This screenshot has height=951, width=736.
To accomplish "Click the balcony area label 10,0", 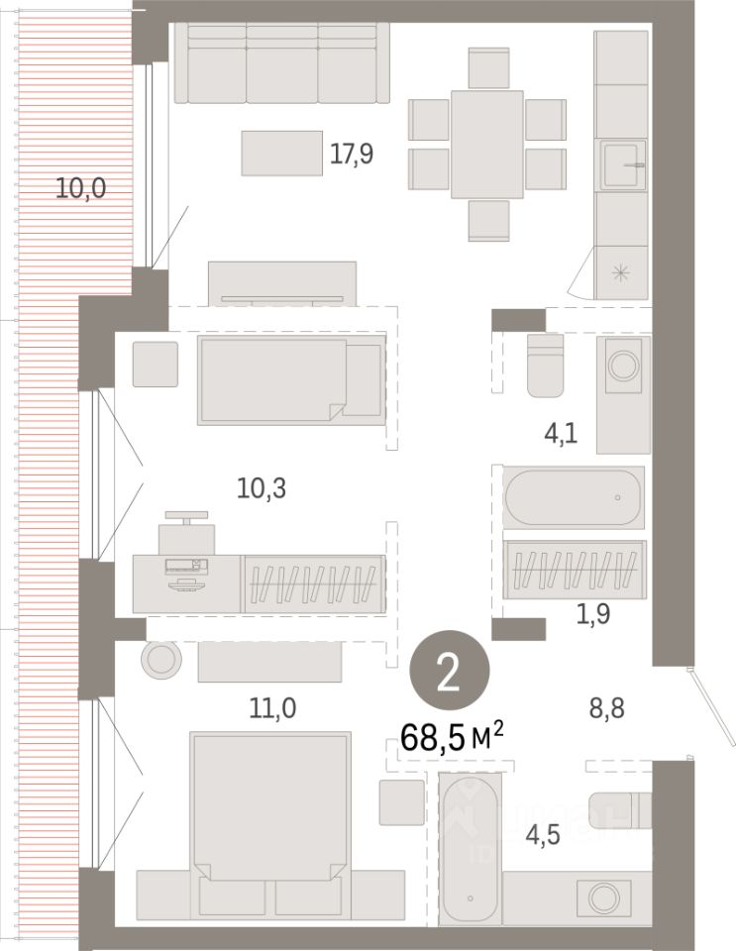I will (80, 188).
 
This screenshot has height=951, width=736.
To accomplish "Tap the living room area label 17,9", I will (353, 154).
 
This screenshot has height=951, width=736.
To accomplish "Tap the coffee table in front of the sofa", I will (281, 154).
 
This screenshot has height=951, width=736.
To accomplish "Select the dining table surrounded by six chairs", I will (486, 145).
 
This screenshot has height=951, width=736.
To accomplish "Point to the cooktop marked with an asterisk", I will (621, 273).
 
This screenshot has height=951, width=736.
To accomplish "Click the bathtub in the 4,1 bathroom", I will (575, 495).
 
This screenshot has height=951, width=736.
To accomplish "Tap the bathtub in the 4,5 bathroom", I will (471, 849).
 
